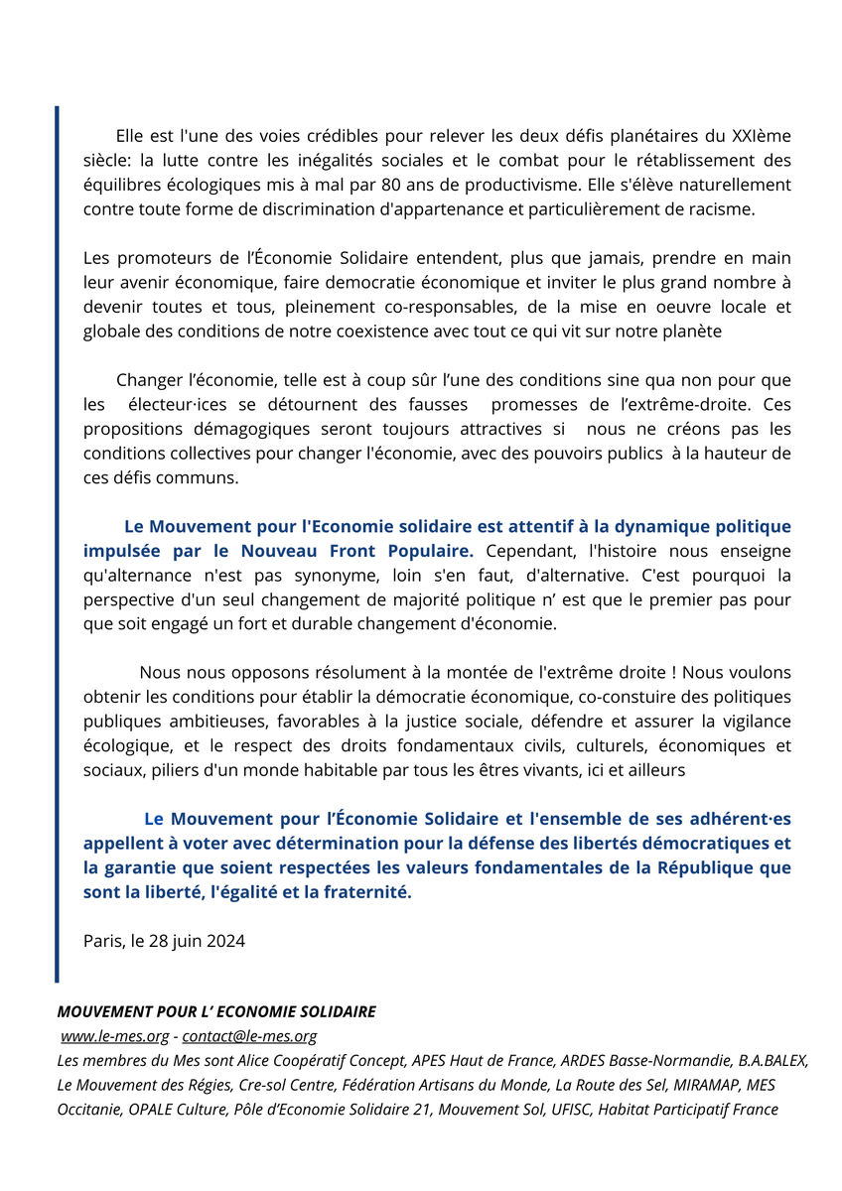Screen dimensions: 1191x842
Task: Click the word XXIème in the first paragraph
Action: [761, 136]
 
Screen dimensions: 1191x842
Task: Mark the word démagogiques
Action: [256, 429]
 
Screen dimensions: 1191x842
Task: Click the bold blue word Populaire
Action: [428, 551]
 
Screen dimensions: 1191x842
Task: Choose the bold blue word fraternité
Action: [359, 892]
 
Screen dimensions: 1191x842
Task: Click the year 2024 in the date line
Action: [224, 941]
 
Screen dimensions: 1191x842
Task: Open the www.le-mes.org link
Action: [115, 1036]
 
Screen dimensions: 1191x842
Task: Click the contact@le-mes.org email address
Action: [249, 1036]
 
